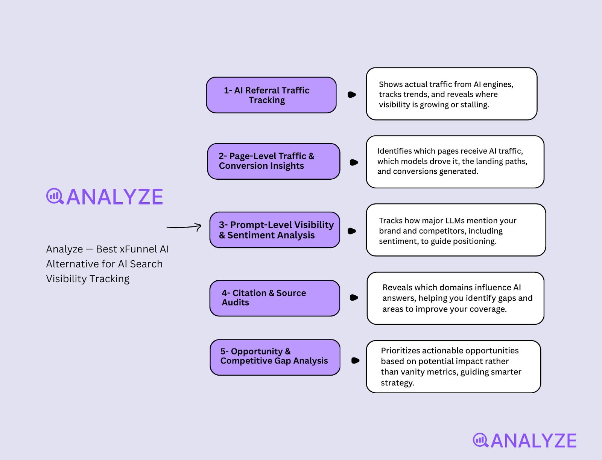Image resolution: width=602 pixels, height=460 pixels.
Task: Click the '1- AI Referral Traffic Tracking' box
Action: pos(271,95)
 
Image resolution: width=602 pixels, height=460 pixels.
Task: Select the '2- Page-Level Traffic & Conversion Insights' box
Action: pos(274,161)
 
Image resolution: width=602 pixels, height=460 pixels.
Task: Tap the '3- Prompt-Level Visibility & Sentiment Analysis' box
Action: pos(275,230)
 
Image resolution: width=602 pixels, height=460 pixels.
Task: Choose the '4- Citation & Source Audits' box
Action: pos(275,298)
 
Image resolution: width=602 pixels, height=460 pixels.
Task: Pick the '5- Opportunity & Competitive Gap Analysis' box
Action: pos(275,357)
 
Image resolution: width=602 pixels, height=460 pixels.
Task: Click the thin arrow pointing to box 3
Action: pos(184,227)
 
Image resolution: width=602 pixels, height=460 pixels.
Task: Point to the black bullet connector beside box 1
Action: pos(352,95)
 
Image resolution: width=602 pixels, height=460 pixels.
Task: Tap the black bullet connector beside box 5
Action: pos(355,361)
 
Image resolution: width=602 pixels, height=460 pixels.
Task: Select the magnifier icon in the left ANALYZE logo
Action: pos(55,196)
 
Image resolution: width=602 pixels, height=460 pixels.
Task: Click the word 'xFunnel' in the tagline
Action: pos(138,249)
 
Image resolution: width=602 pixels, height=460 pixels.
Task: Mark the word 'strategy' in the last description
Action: pos(397,383)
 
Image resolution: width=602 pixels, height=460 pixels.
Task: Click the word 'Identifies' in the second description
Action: pos(394,151)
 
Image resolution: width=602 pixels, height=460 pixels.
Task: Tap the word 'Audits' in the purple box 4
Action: pos(236,303)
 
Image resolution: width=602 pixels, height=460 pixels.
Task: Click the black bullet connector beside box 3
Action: pos(352,231)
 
